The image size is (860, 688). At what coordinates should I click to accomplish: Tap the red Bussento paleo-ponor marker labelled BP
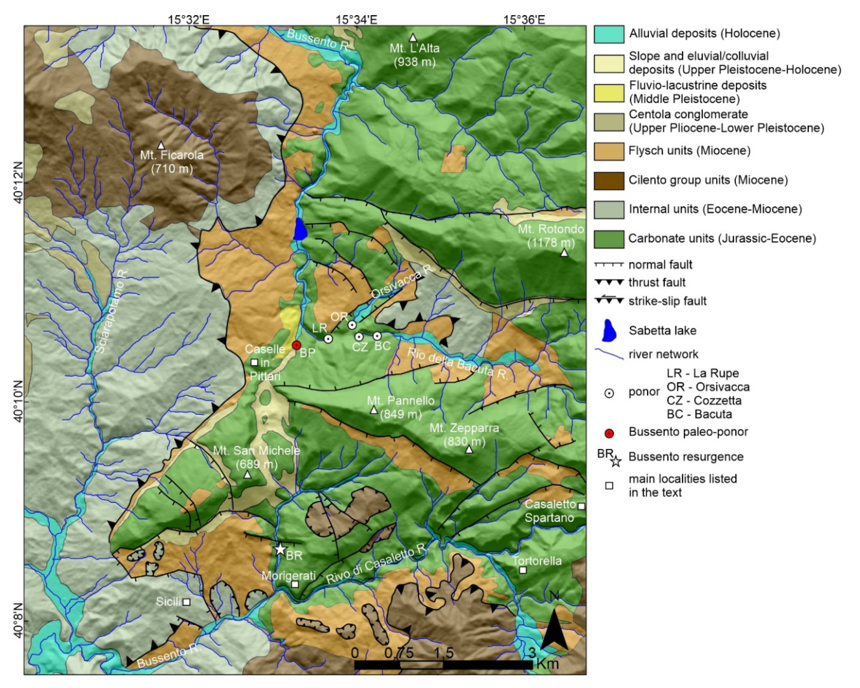click(x=296, y=345)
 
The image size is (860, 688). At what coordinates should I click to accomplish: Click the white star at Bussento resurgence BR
click(x=280, y=549)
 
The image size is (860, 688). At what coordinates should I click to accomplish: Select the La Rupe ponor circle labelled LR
click(x=328, y=339)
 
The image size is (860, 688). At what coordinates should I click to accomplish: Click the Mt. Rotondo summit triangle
click(x=564, y=252)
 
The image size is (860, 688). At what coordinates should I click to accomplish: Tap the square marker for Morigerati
click(x=295, y=584)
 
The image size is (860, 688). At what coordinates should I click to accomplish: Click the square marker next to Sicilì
click(x=186, y=602)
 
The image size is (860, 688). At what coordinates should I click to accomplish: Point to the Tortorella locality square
click(x=522, y=570)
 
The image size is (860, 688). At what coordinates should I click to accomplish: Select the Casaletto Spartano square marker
click(x=582, y=506)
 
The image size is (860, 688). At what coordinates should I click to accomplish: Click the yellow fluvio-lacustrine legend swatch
click(x=609, y=93)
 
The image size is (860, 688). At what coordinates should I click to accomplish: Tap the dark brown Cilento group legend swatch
click(x=609, y=181)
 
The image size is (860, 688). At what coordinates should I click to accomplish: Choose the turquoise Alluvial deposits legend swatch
click(x=609, y=34)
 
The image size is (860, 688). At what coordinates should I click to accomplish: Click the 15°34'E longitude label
click(x=356, y=19)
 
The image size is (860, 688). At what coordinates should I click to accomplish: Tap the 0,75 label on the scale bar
click(x=399, y=653)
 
